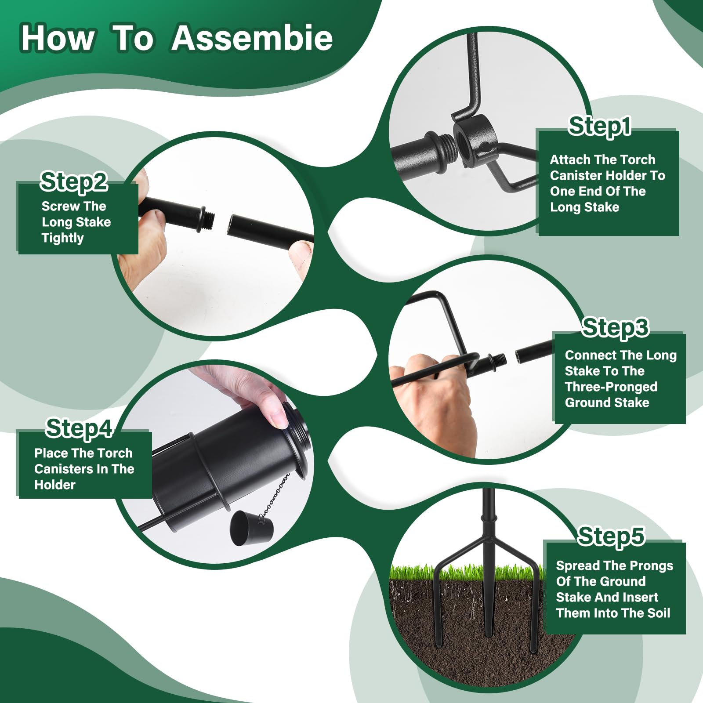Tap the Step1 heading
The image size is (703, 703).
coord(600,127)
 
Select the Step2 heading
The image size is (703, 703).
coord(74,181)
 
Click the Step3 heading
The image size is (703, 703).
coord(615,327)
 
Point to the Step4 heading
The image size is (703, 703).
coord(79,428)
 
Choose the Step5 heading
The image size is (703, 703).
coord(611,536)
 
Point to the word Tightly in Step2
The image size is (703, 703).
coord(62,238)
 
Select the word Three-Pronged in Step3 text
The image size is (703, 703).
coord(611,387)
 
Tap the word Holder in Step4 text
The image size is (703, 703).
coord(55,485)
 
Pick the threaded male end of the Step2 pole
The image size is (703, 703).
coord(207,217)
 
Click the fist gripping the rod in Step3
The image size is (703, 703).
coord(435,395)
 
